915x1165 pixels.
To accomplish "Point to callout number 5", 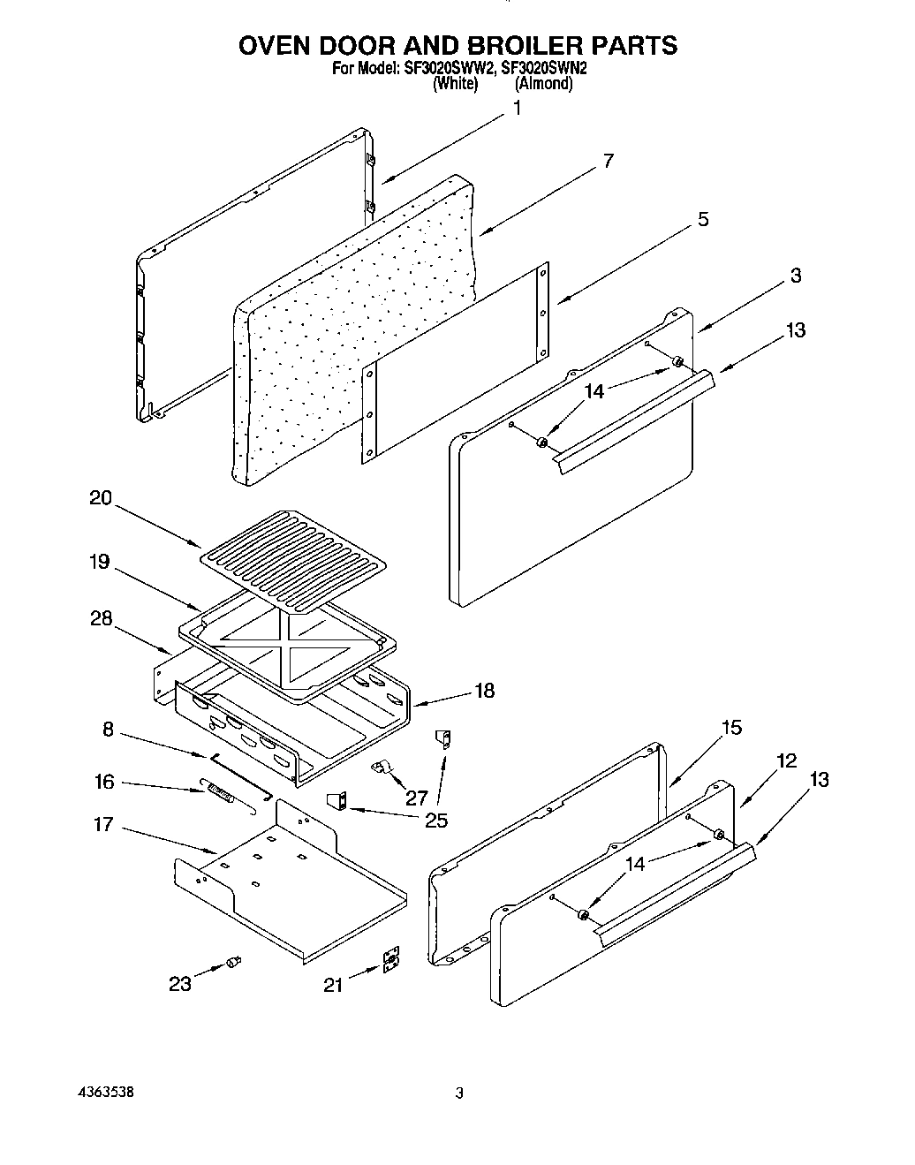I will click(702, 219).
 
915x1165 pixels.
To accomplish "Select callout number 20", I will click(101, 498).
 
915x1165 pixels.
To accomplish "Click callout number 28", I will click(101, 618).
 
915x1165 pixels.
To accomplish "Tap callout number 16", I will click(104, 781).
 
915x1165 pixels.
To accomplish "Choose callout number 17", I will click(104, 824).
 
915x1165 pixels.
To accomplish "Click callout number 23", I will click(180, 984).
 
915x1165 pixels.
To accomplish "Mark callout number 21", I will click(333, 984).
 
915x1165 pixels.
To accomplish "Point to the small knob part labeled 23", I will click(234, 962).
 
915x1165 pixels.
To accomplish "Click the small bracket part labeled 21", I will click(390, 963).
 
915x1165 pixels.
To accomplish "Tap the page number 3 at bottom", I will click(458, 1093).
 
